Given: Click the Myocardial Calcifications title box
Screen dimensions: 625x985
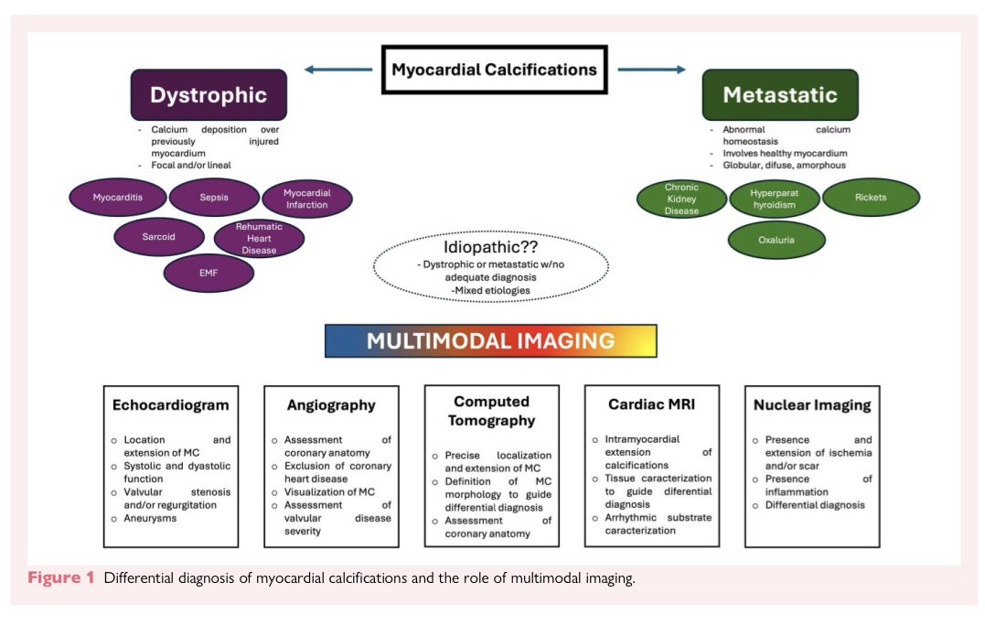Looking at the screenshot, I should coord(494,70).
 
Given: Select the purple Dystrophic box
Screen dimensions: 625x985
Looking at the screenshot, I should coord(209,95).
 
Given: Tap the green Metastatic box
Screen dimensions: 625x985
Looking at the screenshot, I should coord(779,95).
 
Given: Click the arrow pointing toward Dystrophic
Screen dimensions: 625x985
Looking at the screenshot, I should coord(337,70).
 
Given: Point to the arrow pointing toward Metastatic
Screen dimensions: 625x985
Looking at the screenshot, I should coord(651,70).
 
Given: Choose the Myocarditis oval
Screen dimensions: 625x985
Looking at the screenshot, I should coord(117,197).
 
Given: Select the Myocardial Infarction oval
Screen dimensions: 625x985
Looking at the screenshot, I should coord(306,199).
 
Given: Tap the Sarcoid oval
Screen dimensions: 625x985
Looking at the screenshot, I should coord(157,237).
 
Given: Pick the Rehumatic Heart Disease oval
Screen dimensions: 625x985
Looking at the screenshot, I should coord(259,238).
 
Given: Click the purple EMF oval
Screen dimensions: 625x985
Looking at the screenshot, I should coord(209,273).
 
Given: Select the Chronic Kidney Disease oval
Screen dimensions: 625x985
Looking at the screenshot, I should coord(681,199).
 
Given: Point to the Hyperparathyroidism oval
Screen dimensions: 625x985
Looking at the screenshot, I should coord(774,199).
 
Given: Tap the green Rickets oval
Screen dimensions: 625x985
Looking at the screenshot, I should coord(871,197).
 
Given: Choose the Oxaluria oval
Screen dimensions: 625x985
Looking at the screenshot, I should coord(776,240).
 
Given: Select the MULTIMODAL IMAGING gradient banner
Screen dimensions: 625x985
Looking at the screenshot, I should coord(490,341).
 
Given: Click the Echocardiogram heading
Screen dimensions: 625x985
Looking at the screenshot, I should coord(170,405).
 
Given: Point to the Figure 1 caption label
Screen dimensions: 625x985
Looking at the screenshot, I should coord(61,578).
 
